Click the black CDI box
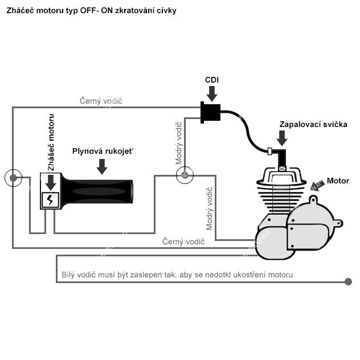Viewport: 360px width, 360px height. (211, 112)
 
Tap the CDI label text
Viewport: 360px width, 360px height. (212, 80)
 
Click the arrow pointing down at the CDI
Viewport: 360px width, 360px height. (212, 93)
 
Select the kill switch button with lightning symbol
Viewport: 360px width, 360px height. (51, 200)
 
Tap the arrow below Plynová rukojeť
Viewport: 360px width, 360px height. (102, 166)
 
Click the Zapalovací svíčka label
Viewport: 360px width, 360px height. (313, 124)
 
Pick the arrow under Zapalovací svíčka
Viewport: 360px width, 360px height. (282, 138)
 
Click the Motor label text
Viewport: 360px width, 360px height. (338, 181)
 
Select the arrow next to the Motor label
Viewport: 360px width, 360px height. (317, 185)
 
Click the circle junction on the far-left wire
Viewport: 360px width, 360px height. (13, 178)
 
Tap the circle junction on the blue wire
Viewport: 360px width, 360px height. (184, 175)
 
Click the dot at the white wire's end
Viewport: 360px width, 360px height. (348, 281)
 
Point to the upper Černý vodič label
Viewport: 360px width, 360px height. (101, 101)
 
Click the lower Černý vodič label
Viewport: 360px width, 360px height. (183, 242)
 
